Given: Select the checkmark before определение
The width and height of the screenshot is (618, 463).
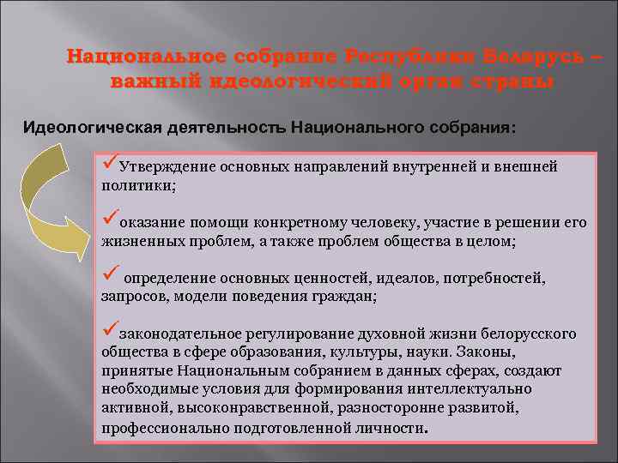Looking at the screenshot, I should [109, 276].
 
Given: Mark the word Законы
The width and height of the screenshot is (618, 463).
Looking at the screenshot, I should [484, 352].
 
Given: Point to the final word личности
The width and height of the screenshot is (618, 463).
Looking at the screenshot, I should [394, 428].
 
